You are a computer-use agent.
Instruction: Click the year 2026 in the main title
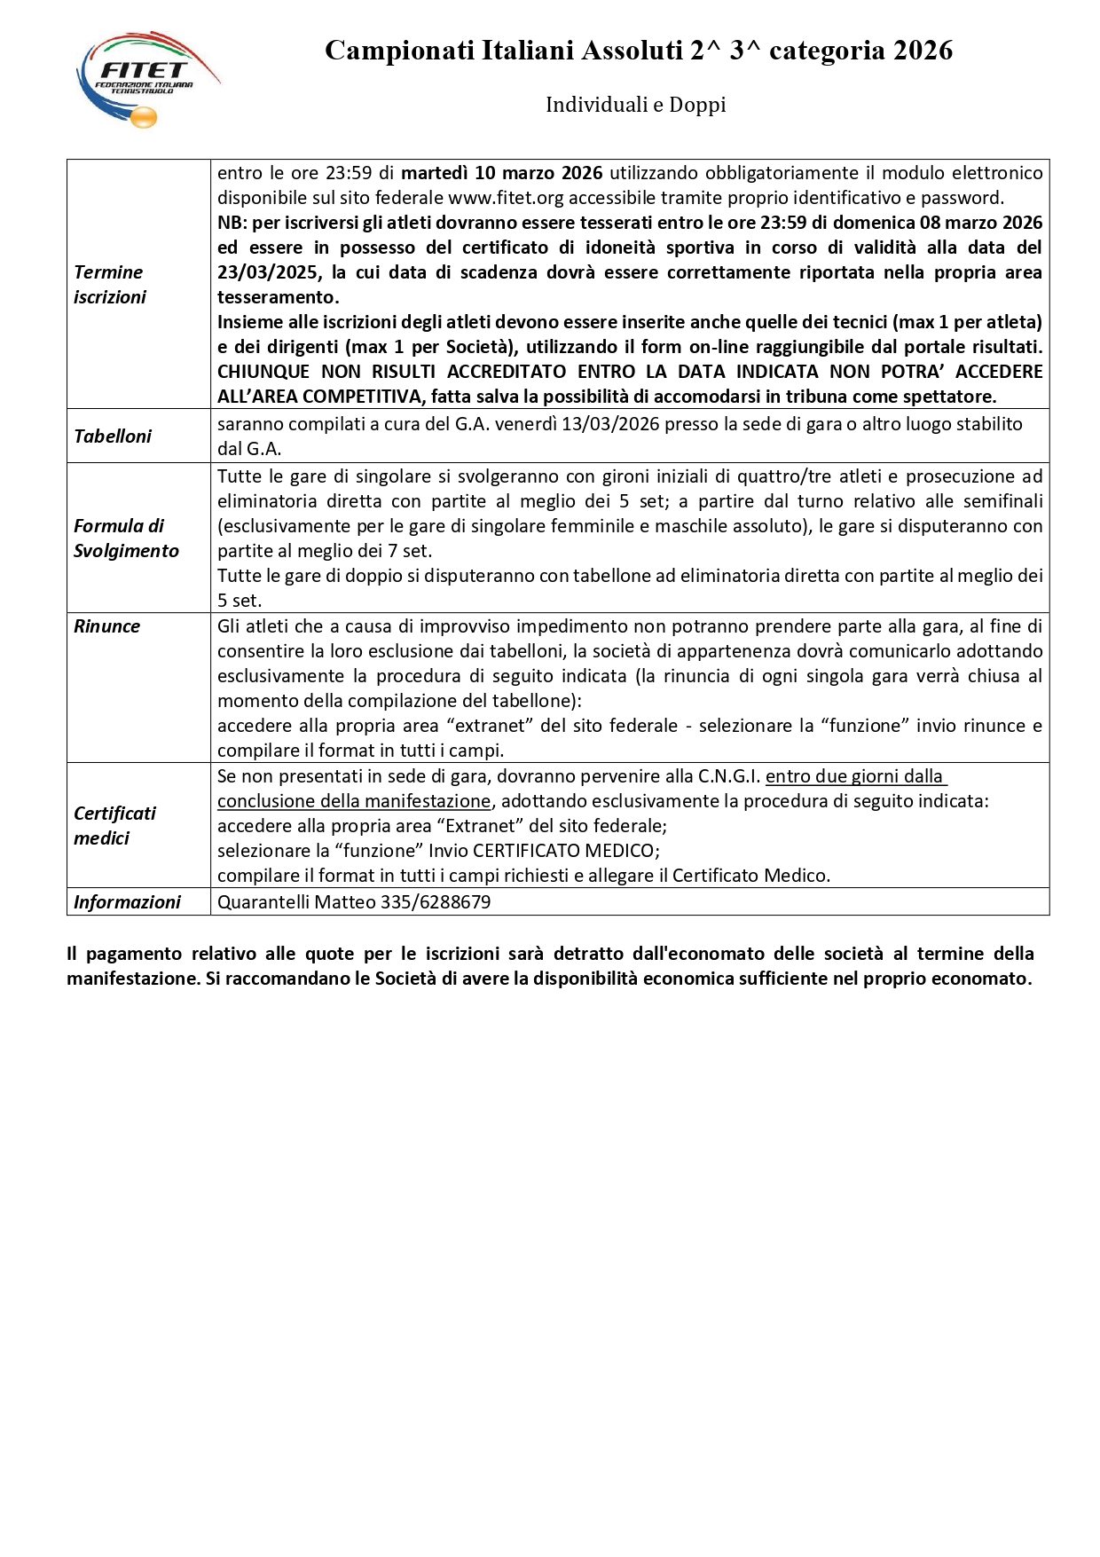pyautogui.click(x=923, y=51)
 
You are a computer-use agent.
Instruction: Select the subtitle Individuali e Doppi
pyautogui.click(x=635, y=105)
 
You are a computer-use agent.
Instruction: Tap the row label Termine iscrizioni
pyautogui.click(x=109, y=285)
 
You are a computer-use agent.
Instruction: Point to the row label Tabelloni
pyautogui.click(x=113, y=436)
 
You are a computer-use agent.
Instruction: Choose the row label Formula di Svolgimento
pyautogui.click(x=126, y=539)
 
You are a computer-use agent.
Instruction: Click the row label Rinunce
pyautogui.click(x=107, y=626)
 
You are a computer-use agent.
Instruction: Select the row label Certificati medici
pyautogui.click(x=114, y=826)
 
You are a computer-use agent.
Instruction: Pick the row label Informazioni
pyautogui.click(x=127, y=902)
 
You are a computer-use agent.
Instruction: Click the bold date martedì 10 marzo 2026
pyautogui.click(x=502, y=173)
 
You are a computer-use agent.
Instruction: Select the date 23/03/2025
pyautogui.click(x=268, y=272)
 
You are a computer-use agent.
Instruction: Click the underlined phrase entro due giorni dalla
pyautogui.click(x=855, y=776)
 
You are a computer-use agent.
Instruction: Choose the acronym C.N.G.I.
pyautogui.click(x=729, y=776)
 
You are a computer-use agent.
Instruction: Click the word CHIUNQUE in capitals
pyautogui.click(x=263, y=372)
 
